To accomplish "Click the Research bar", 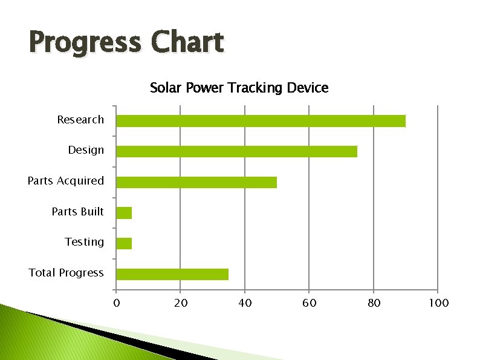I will (261, 121).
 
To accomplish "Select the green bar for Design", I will (236, 151).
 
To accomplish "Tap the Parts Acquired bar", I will (196, 182).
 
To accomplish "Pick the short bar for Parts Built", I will (124, 212).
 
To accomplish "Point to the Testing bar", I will (124, 243).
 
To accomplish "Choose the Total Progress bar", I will (172, 274).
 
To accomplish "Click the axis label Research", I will (80, 120).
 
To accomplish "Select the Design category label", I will (86, 150).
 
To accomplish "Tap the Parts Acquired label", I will (66, 181).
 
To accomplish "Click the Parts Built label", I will (77, 212).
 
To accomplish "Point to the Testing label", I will (85, 242).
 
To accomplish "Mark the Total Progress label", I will (66, 273).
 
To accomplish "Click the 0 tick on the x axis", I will (117, 303).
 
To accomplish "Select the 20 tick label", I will (181, 303).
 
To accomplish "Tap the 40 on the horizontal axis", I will (245, 303).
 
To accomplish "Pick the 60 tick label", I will (310, 303).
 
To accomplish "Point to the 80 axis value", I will (374, 303).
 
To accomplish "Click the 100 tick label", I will (438, 303).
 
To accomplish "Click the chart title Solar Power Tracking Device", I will (239, 88).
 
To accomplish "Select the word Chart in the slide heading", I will (187, 43).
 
